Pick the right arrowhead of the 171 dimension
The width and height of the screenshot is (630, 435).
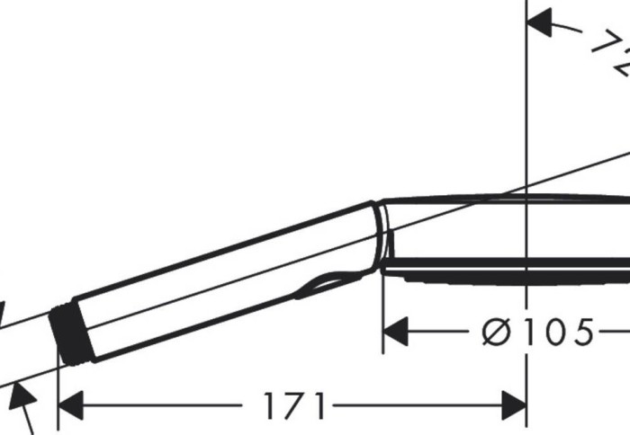point(514,406)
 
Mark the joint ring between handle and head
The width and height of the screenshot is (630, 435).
point(382,235)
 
